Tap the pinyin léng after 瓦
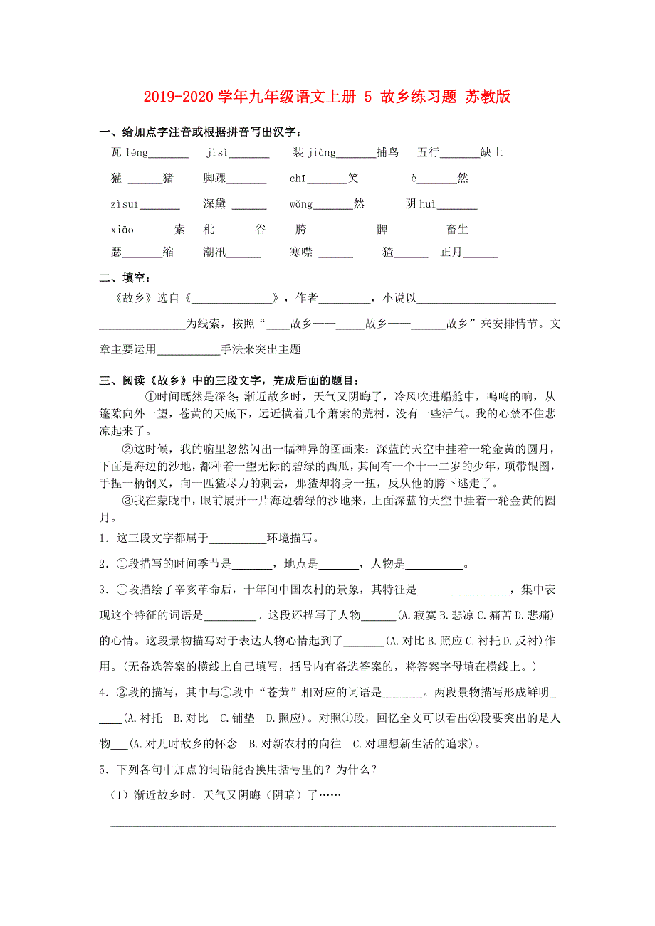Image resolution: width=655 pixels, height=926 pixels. (x=137, y=152)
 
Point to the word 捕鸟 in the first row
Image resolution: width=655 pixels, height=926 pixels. (x=388, y=152)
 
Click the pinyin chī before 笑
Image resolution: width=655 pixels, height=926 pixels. (x=298, y=179)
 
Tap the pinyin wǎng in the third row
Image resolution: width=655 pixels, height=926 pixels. (x=300, y=205)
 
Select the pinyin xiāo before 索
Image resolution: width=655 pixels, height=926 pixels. (x=122, y=230)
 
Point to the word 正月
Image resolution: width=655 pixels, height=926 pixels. (x=451, y=252)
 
